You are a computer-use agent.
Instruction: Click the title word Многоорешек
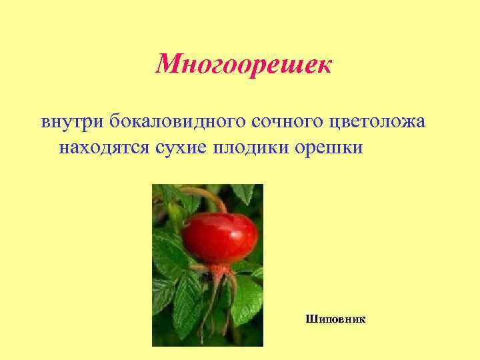[243, 65]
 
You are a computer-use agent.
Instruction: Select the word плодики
[250, 146]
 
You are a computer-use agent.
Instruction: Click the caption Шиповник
[336, 319]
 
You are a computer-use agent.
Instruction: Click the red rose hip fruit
[222, 237]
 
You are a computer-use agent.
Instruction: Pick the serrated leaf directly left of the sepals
[188, 293]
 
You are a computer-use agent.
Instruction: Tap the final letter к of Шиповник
[363, 319]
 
